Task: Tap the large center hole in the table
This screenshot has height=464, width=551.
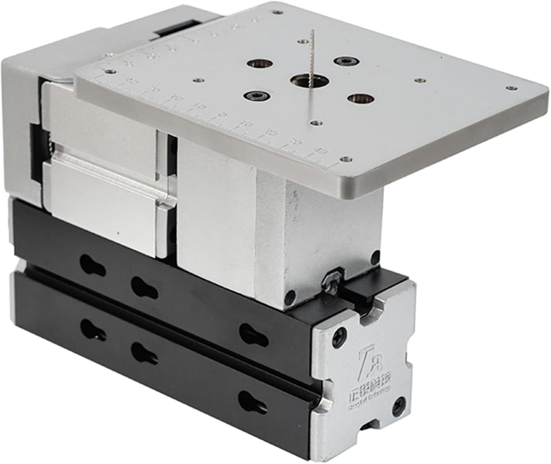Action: (x=305, y=80)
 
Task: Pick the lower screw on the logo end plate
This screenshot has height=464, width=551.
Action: (x=400, y=404)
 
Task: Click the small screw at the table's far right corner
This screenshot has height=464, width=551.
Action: (x=511, y=88)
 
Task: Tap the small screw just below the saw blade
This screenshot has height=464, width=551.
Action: (x=315, y=123)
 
